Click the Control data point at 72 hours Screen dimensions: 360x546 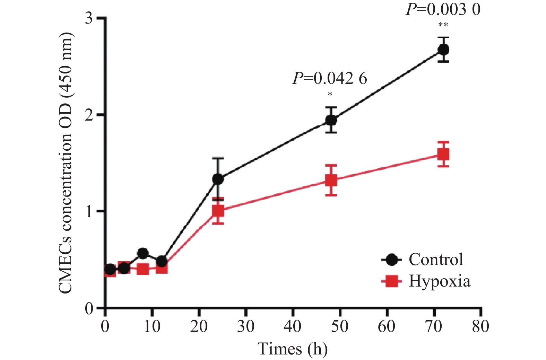coord(443,50)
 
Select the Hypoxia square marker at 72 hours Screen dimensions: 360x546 coord(443,154)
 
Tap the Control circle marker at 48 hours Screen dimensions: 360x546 coord(331,120)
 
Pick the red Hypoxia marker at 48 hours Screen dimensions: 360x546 coord(331,180)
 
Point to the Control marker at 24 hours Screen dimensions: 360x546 coord(218,179)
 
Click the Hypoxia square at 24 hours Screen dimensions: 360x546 coord(218,211)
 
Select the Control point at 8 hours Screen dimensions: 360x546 coord(143,253)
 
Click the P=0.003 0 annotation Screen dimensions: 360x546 coord(443,9)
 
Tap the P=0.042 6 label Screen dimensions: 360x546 coord(330,78)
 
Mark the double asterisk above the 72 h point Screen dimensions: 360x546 coord(443,25)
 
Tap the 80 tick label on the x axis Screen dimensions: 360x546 coord(480,326)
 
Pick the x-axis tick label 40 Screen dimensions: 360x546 coord(293,326)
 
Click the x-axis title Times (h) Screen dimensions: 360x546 coord(293,349)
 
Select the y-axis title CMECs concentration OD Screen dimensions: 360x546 coord(66,163)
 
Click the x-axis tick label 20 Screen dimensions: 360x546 coord(199,326)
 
